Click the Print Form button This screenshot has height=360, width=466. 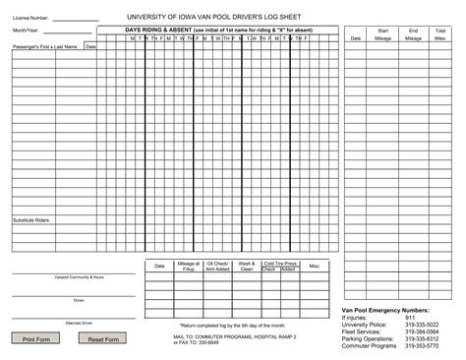[x=36, y=339]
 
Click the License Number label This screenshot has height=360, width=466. [x=30, y=18]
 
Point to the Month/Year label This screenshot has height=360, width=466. [x=27, y=30]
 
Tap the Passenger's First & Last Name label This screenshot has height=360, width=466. [x=45, y=46]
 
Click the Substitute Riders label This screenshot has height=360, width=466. [x=31, y=219]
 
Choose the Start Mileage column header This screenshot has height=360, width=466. [x=382, y=34]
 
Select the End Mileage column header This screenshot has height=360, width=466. [x=413, y=34]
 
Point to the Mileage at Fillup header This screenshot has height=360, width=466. [x=189, y=267]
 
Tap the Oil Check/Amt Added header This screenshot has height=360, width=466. [x=217, y=267]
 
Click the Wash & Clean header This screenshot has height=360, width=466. [x=247, y=267]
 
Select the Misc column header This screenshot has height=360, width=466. [x=314, y=266]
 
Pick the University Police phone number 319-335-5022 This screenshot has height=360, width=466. [x=422, y=325]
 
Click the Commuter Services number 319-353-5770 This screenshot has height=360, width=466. [x=422, y=346]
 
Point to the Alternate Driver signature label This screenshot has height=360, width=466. [x=79, y=323]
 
